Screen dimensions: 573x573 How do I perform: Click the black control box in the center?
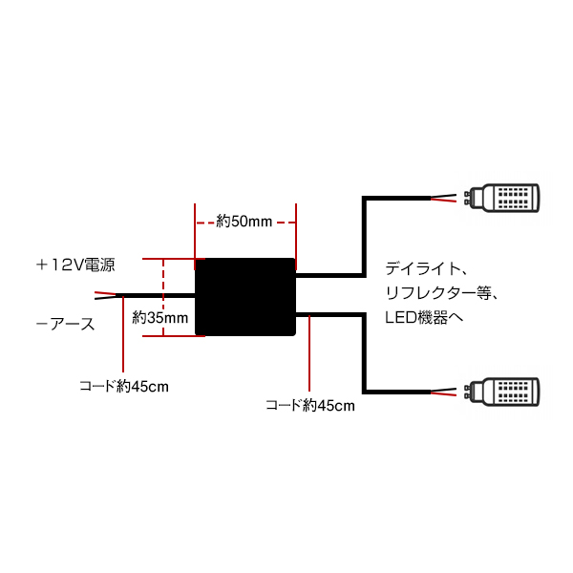click(245, 296)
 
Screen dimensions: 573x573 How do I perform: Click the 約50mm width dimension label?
click(244, 222)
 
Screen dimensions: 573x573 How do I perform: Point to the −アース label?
click(65, 325)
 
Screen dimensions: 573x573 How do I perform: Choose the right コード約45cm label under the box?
click(310, 405)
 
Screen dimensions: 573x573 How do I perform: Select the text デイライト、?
click(424, 268)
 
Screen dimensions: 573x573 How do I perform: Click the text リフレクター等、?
click(439, 291)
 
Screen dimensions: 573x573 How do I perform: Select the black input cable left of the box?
click(158, 296)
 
